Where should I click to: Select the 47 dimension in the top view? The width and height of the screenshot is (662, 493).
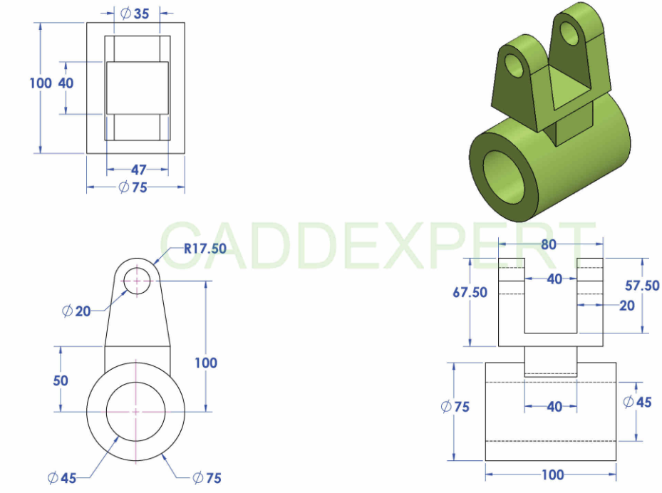click(x=138, y=170)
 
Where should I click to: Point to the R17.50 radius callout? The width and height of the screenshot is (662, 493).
click(x=205, y=249)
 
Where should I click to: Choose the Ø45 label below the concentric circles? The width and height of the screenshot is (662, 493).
click(x=62, y=478)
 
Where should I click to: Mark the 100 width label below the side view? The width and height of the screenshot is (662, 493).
click(x=552, y=474)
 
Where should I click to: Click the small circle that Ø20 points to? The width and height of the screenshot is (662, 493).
click(x=137, y=281)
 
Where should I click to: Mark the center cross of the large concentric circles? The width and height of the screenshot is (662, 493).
click(x=136, y=411)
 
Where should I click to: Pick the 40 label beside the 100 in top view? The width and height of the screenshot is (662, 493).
click(x=66, y=83)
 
